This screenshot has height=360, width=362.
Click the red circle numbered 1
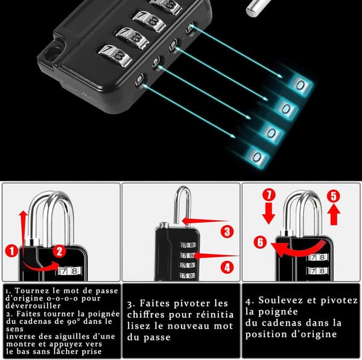(x=11, y=251)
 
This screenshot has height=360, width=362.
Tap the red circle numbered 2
(x=59, y=251)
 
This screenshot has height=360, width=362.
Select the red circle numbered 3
(x=227, y=232)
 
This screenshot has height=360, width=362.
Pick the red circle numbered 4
(x=227, y=268)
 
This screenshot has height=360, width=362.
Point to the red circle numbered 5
(x=334, y=196)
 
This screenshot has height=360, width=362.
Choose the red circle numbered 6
(x=260, y=242)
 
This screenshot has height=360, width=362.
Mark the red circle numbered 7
(x=269, y=194)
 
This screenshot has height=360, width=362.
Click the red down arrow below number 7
(x=268, y=213)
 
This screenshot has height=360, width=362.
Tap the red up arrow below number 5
(x=334, y=215)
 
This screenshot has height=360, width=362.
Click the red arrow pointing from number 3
(x=205, y=221)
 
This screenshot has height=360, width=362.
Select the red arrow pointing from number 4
(x=216, y=256)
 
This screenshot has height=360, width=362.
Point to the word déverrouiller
(x=33, y=306)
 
